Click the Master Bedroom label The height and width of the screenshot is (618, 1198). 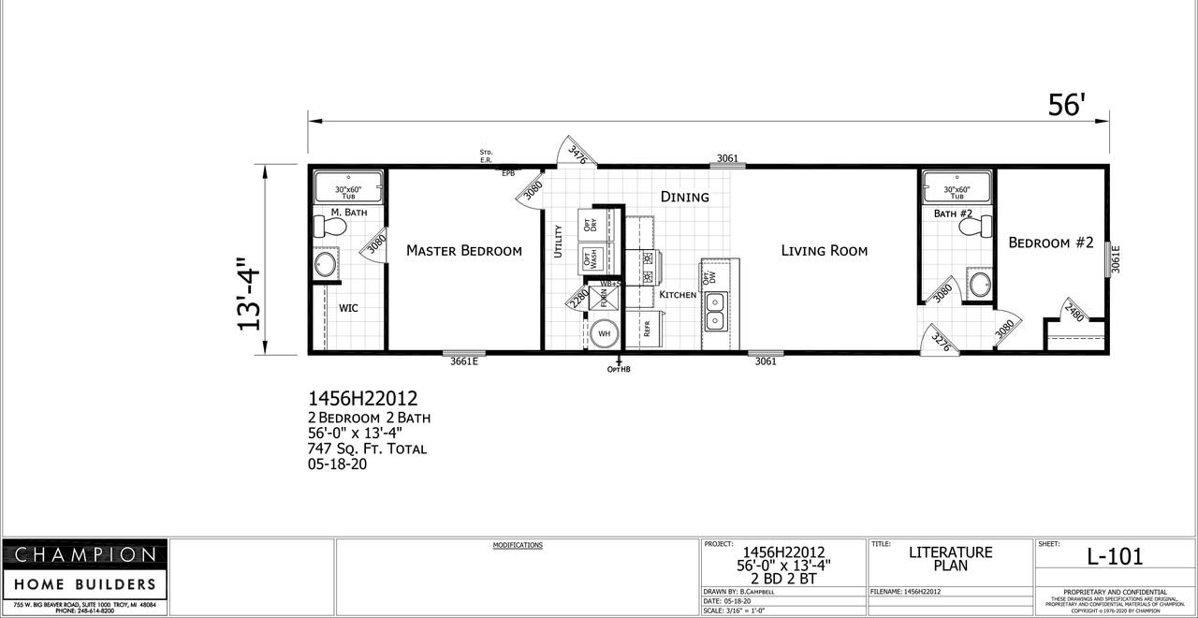pyautogui.click(x=463, y=250)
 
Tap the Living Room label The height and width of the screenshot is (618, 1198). pyautogui.click(x=824, y=250)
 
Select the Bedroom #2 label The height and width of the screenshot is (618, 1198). pyautogui.click(x=1051, y=243)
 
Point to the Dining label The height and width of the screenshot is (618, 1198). pyautogui.click(x=684, y=197)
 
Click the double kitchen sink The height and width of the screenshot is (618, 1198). pyautogui.click(x=716, y=312)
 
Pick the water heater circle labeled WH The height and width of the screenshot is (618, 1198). pyautogui.click(x=604, y=333)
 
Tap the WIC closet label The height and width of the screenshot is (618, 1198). pyautogui.click(x=348, y=308)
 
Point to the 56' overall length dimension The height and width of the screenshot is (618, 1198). pyautogui.click(x=1065, y=106)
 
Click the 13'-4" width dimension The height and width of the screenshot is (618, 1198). pyautogui.click(x=250, y=293)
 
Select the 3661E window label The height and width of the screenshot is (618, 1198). pyautogui.click(x=464, y=361)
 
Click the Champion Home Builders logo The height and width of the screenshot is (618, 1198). pyautogui.click(x=84, y=569)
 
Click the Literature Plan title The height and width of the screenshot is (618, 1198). pyautogui.click(x=950, y=559)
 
